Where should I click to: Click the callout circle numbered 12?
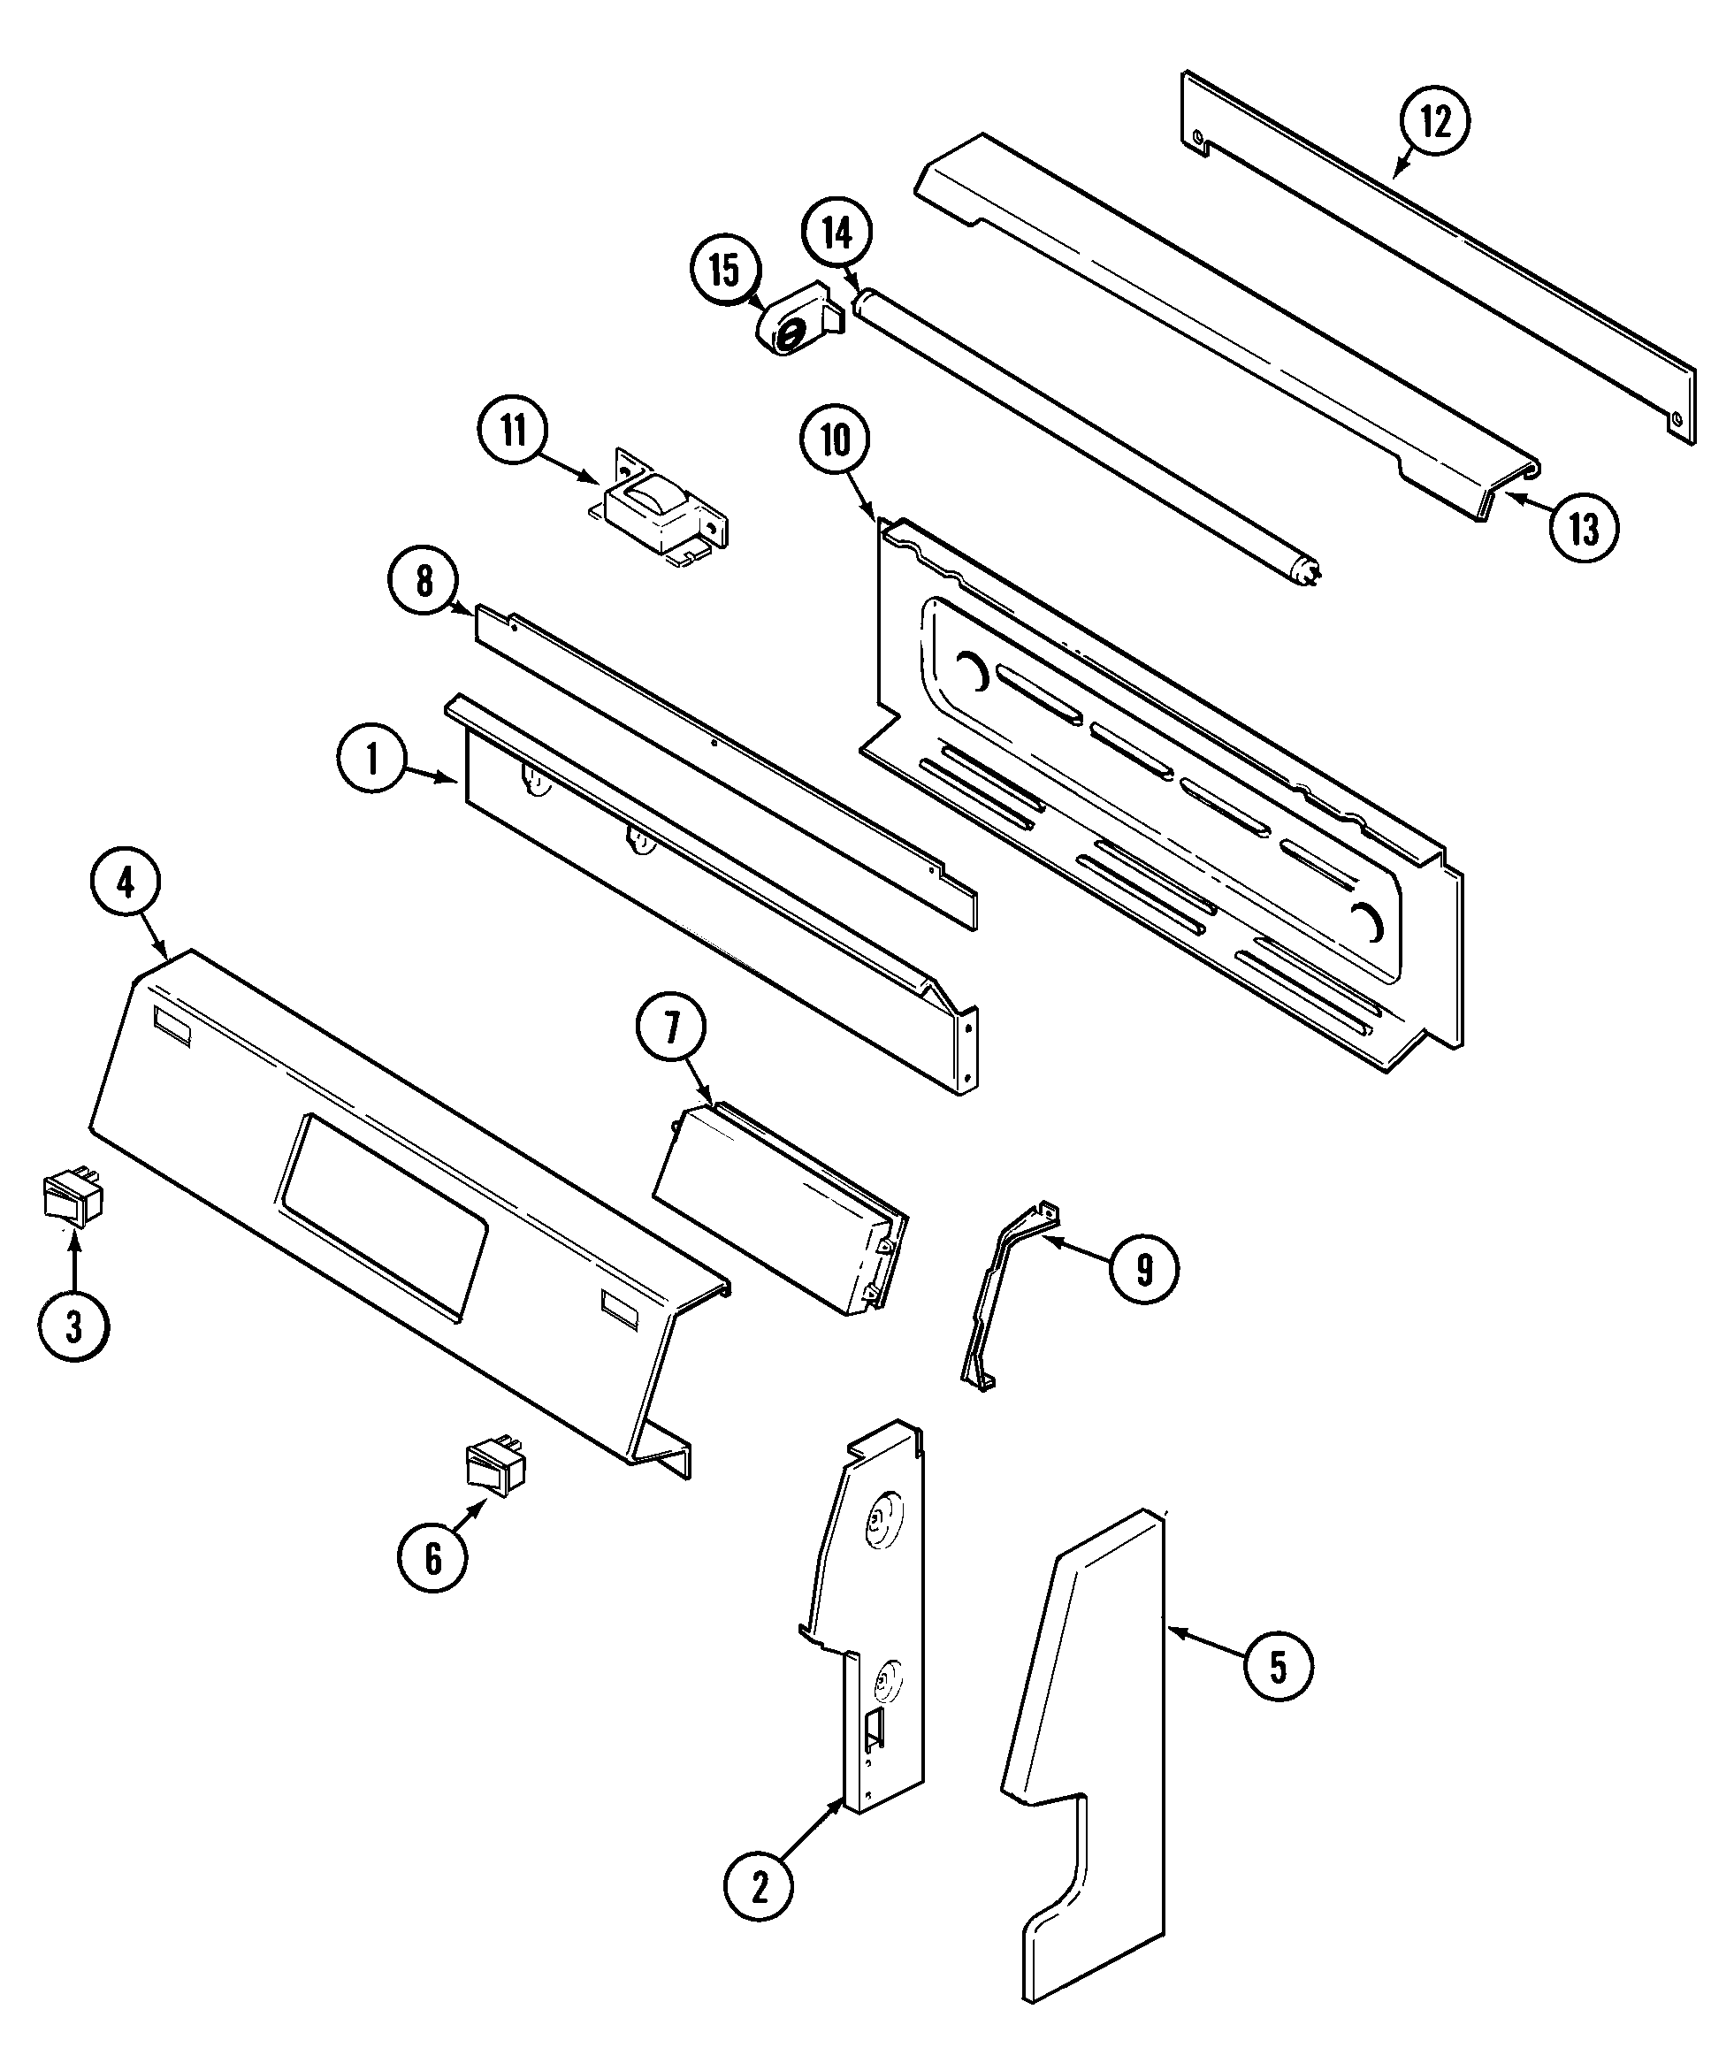pyautogui.click(x=1434, y=123)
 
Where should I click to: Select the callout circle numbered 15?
pyautogui.click(x=725, y=271)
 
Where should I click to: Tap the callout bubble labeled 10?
pyautogui.click(x=835, y=441)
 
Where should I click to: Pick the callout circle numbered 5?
pyautogui.click(x=1278, y=1665)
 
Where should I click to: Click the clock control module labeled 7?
pyautogui.click(x=776, y=1209)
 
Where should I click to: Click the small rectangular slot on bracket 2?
pyautogui.click(x=873, y=1731)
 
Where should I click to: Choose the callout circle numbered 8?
pyautogui.click(x=424, y=582)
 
